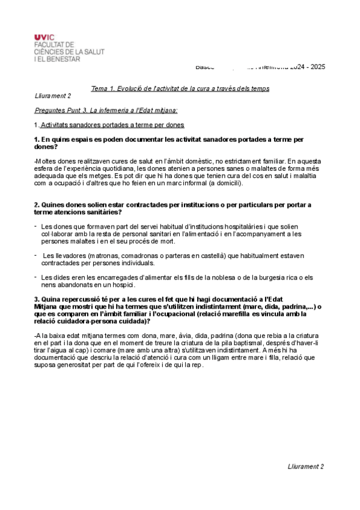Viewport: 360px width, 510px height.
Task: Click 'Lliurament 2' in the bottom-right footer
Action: (306, 466)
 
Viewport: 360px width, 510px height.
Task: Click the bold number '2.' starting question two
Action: (37, 205)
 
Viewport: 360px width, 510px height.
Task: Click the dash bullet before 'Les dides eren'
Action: (35, 277)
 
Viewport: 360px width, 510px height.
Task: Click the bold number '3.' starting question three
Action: (37, 299)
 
